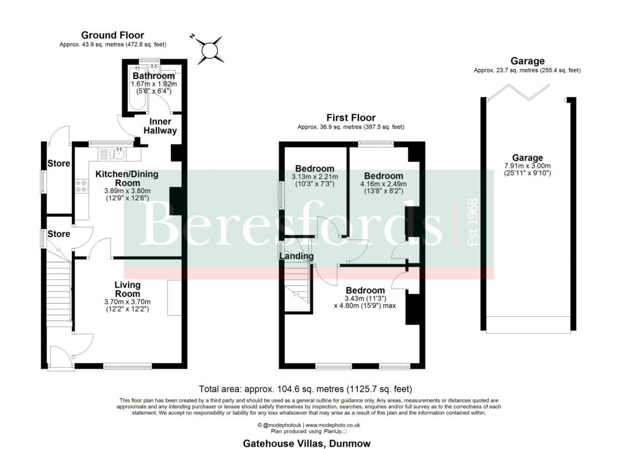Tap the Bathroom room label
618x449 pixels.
click(153, 76)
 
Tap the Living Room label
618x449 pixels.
click(127, 289)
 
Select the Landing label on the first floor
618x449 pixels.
click(296, 256)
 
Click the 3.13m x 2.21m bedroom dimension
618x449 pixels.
click(314, 177)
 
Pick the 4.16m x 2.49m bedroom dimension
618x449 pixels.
click(383, 184)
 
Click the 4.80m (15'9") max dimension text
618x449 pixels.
click(365, 305)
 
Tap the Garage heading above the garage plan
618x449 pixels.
click(527, 61)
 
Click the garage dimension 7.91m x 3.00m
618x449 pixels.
click(528, 166)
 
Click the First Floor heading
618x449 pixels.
click(351, 118)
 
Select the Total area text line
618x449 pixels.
click(305, 389)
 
